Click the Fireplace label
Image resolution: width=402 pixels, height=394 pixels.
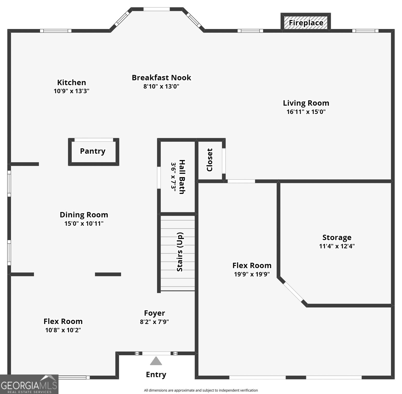coord(306,23)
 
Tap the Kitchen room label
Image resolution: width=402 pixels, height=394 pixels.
coord(72,82)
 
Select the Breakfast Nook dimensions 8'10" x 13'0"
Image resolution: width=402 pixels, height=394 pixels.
coord(161,86)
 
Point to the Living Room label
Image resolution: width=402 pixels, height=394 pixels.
coord(306,103)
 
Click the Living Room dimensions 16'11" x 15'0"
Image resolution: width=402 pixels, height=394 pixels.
coord(306,112)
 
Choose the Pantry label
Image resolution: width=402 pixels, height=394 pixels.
coord(93,151)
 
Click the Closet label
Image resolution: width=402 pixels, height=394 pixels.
coord(210,160)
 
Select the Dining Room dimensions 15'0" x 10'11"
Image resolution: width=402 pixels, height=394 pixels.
coord(84,223)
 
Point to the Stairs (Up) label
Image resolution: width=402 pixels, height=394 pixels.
coord(180,252)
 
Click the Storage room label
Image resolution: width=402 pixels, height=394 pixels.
coord(337,237)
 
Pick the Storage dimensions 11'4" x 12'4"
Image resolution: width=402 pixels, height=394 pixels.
coord(337,246)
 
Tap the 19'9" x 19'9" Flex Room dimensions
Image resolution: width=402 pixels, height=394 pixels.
coord(252,274)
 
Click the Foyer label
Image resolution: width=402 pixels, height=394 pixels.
coord(154,313)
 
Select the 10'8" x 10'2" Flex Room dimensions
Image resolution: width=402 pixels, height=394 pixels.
coord(63,330)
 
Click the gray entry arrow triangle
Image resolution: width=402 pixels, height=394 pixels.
coord(156,361)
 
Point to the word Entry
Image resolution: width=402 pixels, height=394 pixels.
coord(156,375)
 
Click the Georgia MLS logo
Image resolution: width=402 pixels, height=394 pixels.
coord(29,385)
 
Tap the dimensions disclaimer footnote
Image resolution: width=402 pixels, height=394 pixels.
coord(201,390)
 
